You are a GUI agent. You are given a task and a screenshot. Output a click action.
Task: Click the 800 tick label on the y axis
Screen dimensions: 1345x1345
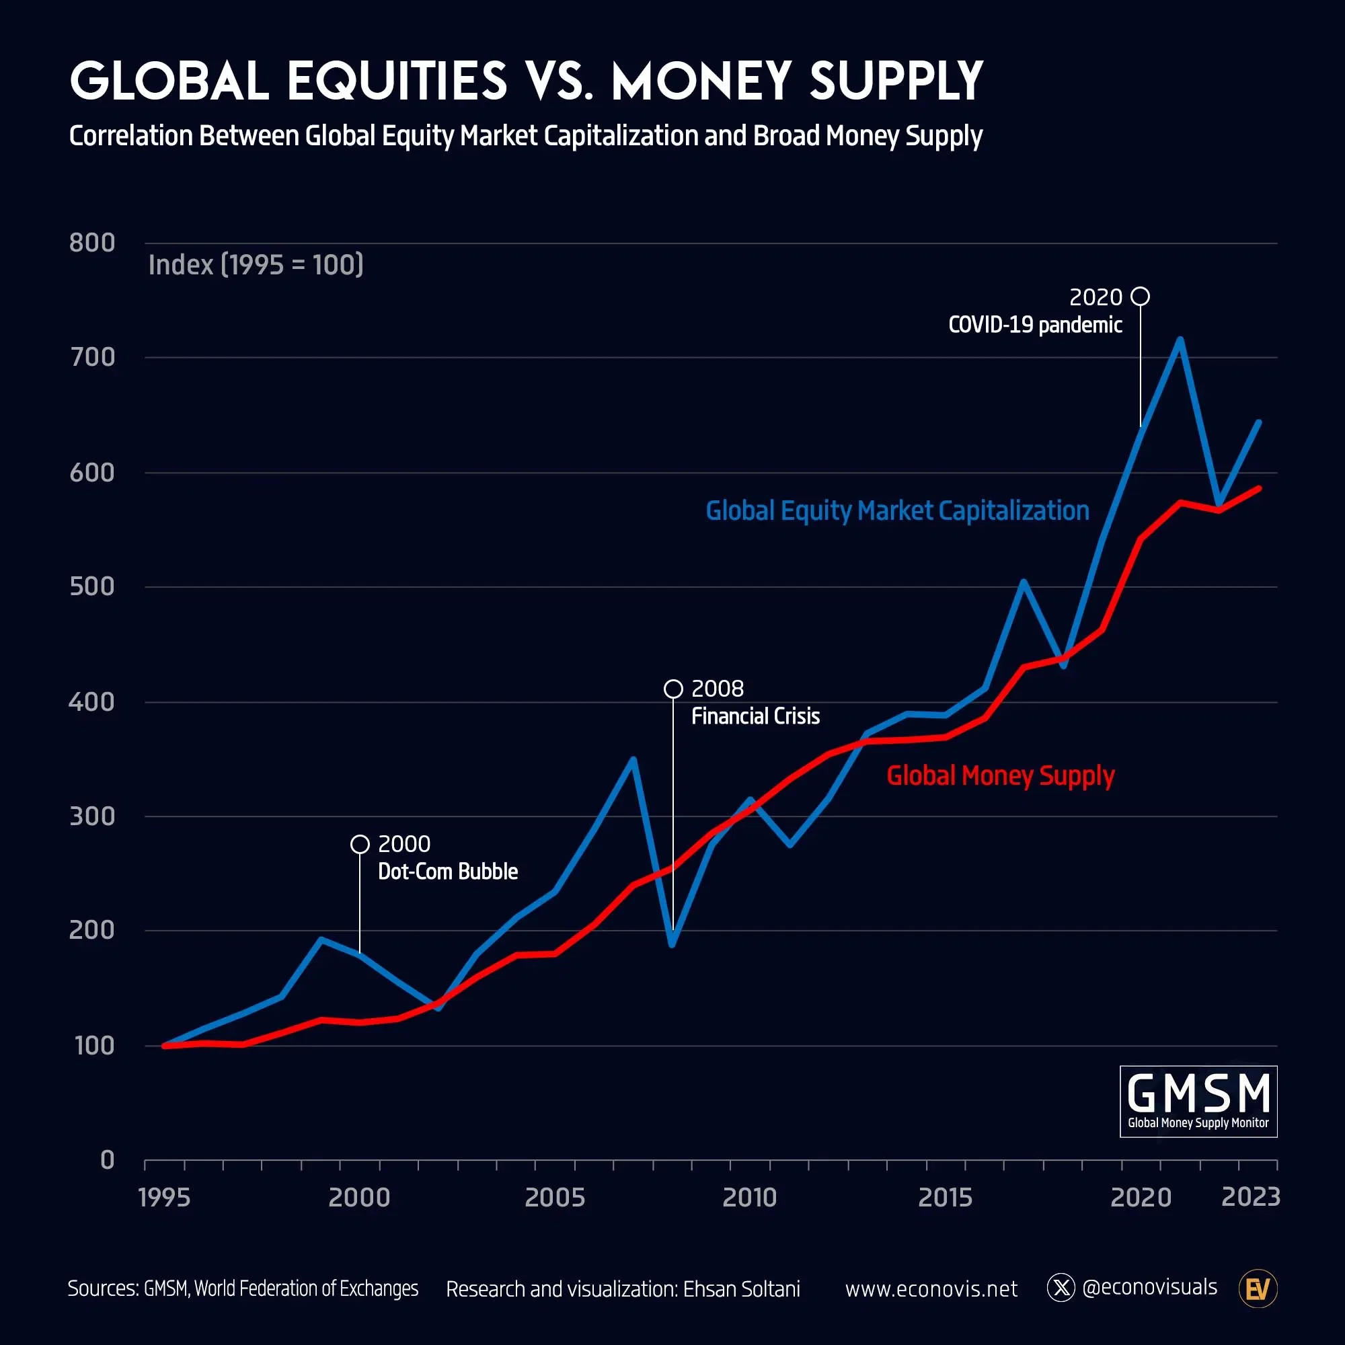[x=92, y=243]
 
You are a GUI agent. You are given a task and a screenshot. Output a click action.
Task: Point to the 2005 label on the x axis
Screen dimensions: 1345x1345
[x=554, y=1198]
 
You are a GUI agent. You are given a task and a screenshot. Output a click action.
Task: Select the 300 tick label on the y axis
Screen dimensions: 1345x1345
[x=92, y=816]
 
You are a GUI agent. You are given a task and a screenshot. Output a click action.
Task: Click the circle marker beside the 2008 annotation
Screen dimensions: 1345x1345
[x=673, y=689]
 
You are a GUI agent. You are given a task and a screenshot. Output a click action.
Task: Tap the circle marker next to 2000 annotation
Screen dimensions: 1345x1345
[x=360, y=844]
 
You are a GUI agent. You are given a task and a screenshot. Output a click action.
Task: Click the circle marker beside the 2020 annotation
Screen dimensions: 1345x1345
[x=1140, y=297]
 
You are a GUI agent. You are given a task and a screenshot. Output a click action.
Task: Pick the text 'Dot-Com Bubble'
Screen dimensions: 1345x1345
[x=448, y=872]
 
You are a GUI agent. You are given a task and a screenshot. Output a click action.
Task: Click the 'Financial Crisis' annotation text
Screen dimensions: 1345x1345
[x=755, y=716]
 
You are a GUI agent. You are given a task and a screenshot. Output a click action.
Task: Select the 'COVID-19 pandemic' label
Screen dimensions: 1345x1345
[x=1034, y=325]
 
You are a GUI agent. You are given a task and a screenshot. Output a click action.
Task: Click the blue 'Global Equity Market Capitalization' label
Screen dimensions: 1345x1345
[x=896, y=511]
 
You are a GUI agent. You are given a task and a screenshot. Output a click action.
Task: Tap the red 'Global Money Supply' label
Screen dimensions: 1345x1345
[x=1000, y=775]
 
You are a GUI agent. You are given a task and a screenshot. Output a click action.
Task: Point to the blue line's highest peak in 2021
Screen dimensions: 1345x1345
[x=1180, y=340]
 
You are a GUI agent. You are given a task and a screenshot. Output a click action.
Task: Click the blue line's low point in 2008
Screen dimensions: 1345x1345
[x=672, y=944]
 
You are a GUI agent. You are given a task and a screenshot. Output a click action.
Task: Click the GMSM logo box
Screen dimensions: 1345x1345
[x=1198, y=1102]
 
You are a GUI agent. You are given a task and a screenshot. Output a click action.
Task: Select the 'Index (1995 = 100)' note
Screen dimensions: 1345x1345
[x=256, y=265]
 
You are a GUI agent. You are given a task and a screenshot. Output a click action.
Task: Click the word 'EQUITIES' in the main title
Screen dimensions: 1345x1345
[x=397, y=81]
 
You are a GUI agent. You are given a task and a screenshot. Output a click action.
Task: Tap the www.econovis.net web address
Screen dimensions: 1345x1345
[x=931, y=1289]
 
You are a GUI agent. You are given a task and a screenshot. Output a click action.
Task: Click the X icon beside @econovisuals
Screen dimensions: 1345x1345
[x=1061, y=1288]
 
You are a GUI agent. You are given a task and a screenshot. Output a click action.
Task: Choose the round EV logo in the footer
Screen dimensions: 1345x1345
[x=1258, y=1289]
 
